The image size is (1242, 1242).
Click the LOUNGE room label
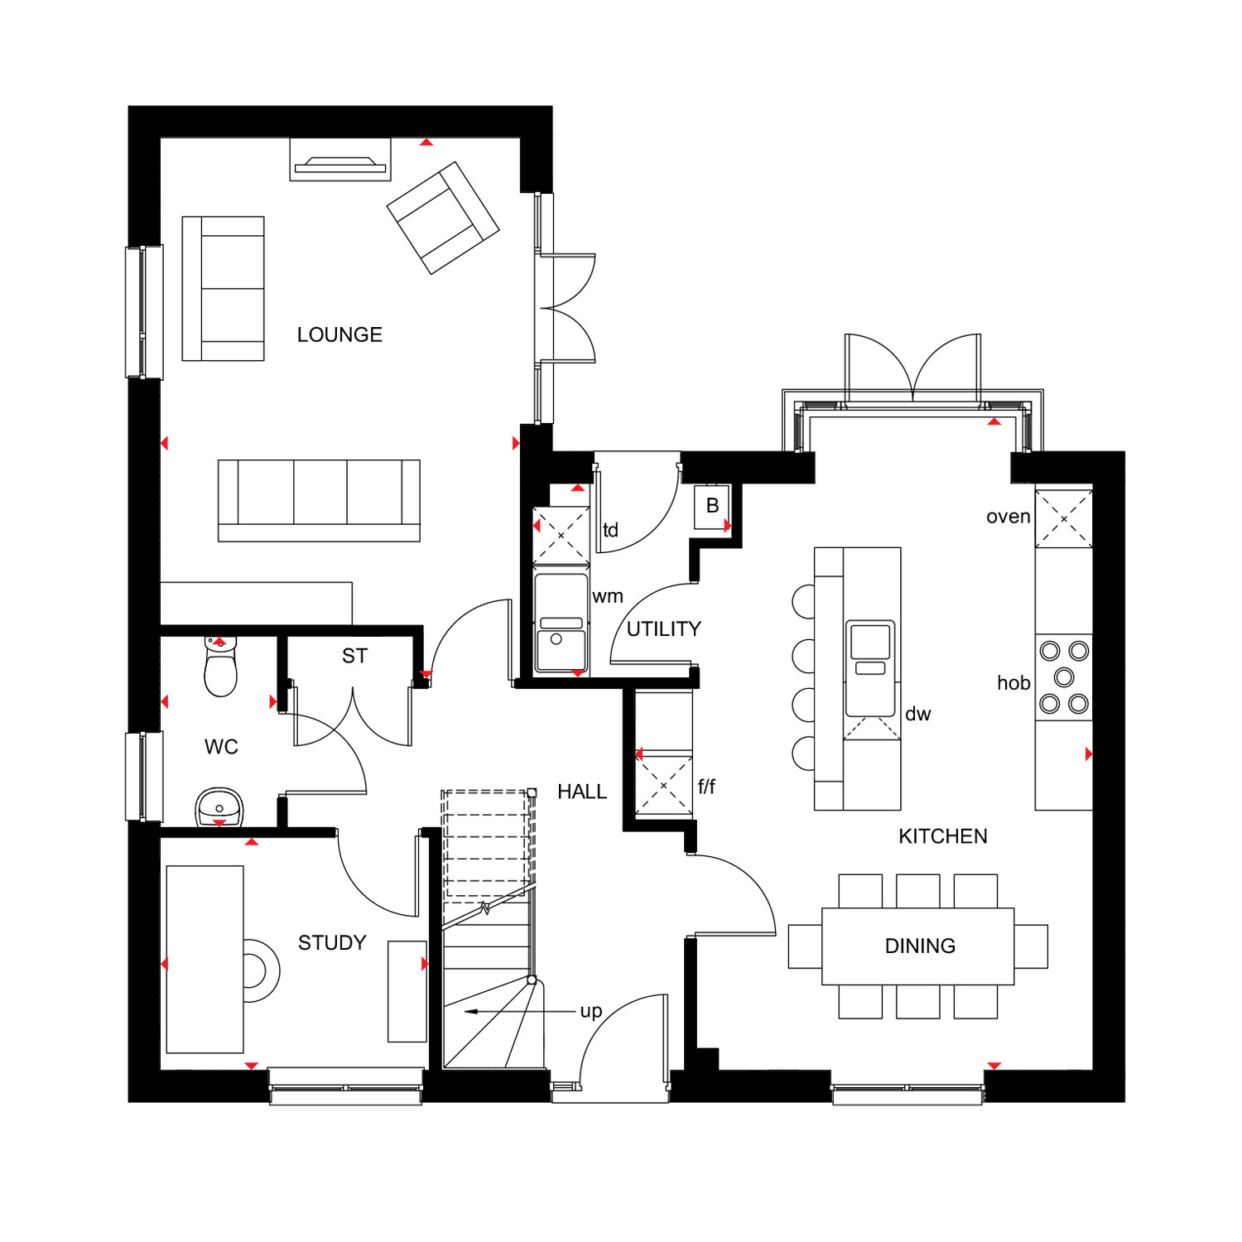339,335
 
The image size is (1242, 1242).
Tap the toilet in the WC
220,667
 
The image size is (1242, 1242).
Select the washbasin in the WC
219,807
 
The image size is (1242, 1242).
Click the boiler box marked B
712,506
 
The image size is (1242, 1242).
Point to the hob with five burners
1064,677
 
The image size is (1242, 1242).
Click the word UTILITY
664,629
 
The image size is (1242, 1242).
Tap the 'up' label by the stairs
591,1012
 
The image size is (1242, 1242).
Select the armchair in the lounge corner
443,218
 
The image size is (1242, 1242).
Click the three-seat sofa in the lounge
319,501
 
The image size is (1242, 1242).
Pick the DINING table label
920,946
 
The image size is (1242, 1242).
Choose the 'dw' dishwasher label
918,714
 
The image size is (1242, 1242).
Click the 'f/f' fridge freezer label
706,786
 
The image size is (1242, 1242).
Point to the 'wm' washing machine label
608,596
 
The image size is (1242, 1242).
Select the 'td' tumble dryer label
610,530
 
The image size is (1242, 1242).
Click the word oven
1009,517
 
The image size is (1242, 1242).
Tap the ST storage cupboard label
354,656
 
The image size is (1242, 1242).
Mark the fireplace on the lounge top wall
340,160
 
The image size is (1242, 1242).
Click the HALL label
582,792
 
